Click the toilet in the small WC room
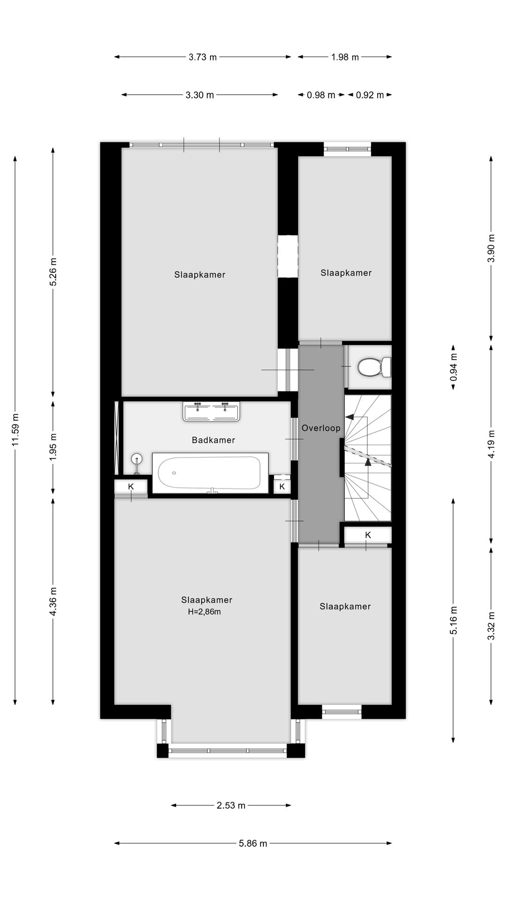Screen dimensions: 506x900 pos(374,367)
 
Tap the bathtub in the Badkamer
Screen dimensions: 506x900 pos(210,473)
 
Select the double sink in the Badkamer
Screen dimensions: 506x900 pos(212,412)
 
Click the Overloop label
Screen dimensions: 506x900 pos(321,428)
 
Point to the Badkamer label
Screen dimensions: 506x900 pos(213,440)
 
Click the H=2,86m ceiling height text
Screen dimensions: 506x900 pos(204,612)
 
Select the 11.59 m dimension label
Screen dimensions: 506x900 pos(15,430)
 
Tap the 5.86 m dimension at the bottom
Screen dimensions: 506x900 pos(253,843)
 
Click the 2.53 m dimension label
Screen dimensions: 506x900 pos(231,805)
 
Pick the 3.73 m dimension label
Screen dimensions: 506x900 pos(203,57)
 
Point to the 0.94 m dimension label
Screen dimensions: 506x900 pos(454,367)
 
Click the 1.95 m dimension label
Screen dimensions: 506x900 pos(53,446)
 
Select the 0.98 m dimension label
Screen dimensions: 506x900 pos(321,95)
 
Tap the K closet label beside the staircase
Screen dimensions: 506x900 pos(368,535)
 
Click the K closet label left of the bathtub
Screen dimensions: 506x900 pos(131,487)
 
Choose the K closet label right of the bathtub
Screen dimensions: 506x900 pos(282,487)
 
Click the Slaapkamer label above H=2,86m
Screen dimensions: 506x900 pos(207,600)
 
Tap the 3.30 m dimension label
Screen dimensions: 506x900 pos(200,95)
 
